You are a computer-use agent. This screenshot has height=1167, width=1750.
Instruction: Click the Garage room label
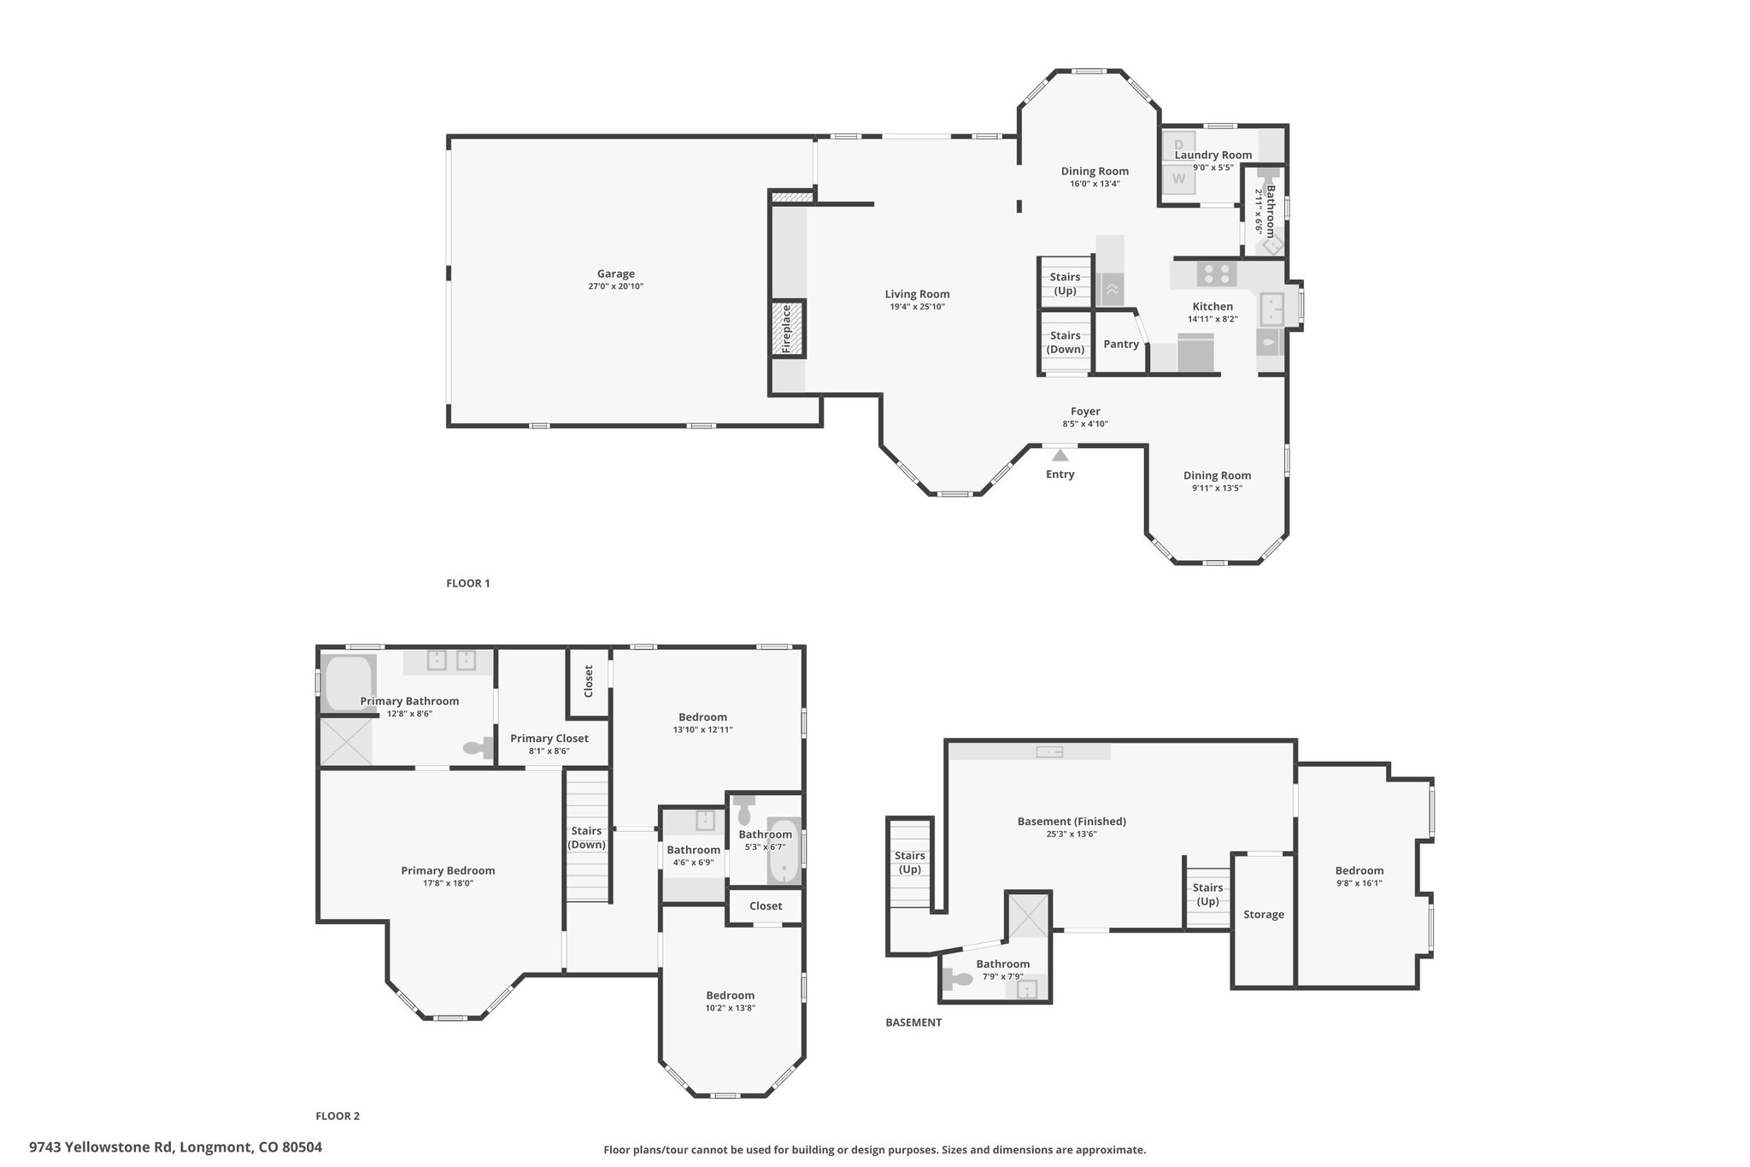615,274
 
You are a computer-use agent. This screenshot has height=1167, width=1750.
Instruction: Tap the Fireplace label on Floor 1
786,329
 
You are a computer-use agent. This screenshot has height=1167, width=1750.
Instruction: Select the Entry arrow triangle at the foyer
1060,455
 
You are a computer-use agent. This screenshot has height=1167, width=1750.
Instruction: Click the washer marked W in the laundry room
1178,179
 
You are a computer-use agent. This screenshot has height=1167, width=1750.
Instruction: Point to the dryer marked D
1178,145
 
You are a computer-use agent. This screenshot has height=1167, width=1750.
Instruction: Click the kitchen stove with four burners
1217,274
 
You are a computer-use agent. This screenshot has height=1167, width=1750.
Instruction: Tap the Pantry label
1120,344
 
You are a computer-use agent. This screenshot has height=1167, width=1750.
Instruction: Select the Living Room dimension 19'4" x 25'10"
917,307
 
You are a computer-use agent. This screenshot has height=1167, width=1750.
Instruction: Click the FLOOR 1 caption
468,583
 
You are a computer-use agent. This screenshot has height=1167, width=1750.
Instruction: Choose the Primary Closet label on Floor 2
549,739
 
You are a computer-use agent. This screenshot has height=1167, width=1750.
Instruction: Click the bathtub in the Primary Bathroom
348,683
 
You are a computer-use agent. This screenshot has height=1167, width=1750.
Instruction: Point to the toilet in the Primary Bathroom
479,748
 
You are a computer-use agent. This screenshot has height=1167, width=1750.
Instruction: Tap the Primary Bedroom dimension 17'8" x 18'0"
448,883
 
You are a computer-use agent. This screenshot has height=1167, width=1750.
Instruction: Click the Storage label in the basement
1263,915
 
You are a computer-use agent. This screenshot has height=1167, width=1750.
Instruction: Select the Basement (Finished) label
1072,822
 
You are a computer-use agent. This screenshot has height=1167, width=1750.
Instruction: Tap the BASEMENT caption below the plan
913,1023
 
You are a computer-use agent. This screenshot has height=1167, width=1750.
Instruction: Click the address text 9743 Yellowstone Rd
102,1147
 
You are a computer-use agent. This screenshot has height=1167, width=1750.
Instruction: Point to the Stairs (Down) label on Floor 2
587,838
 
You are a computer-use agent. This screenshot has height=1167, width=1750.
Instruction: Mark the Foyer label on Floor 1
1085,411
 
